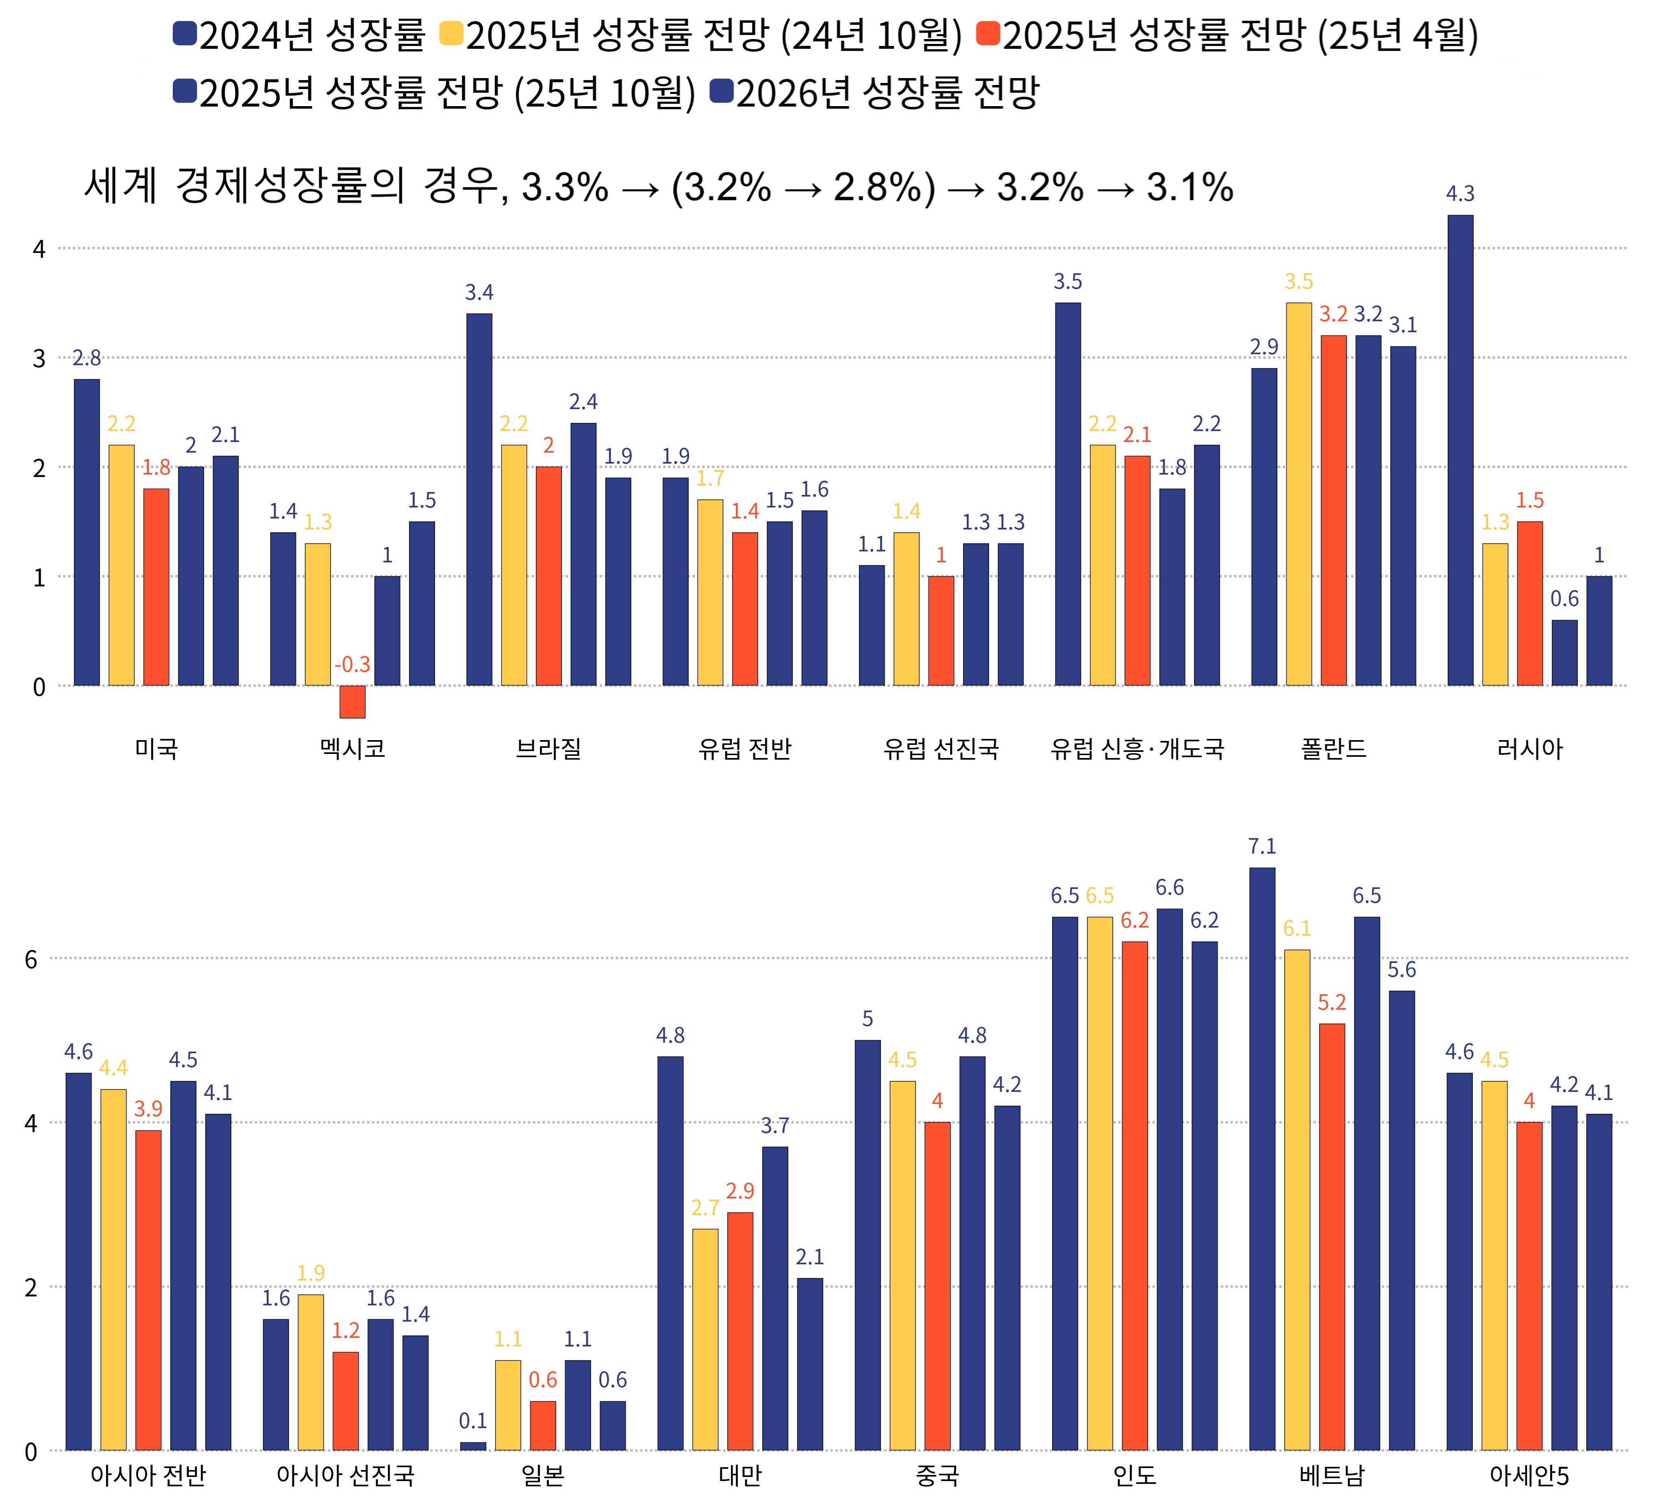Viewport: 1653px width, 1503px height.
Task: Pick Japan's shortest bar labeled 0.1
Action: click(x=473, y=1446)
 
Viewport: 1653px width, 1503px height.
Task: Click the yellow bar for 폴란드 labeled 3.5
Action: click(x=1299, y=494)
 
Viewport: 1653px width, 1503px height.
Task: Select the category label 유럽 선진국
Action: click(x=941, y=749)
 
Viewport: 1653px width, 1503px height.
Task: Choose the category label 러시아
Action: click(x=1530, y=749)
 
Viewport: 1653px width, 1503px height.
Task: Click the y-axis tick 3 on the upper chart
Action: click(x=39, y=358)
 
